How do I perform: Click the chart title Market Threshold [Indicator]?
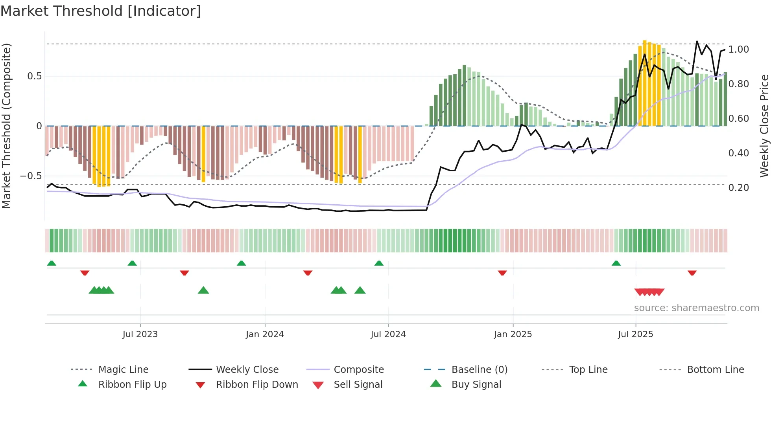[x=101, y=11]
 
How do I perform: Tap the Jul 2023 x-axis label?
[x=140, y=334]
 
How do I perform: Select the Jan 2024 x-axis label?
[x=265, y=334]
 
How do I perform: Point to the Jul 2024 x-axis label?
[x=388, y=334]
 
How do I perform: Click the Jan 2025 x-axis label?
[x=513, y=334]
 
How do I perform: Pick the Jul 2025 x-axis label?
[x=636, y=334]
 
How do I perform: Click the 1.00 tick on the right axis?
[x=739, y=50]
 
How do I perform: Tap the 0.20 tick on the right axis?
[x=739, y=188]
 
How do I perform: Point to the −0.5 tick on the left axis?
[x=31, y=176]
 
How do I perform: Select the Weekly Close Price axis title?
[x=764, y=126]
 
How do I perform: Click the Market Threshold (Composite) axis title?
[x=6, y=126]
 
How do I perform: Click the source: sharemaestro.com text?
[x=696, y=308]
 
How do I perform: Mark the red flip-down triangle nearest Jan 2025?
[x=502, y=273]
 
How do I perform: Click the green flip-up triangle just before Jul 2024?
[x=379, y=263]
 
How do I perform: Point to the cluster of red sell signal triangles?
[x=649, y=292]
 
